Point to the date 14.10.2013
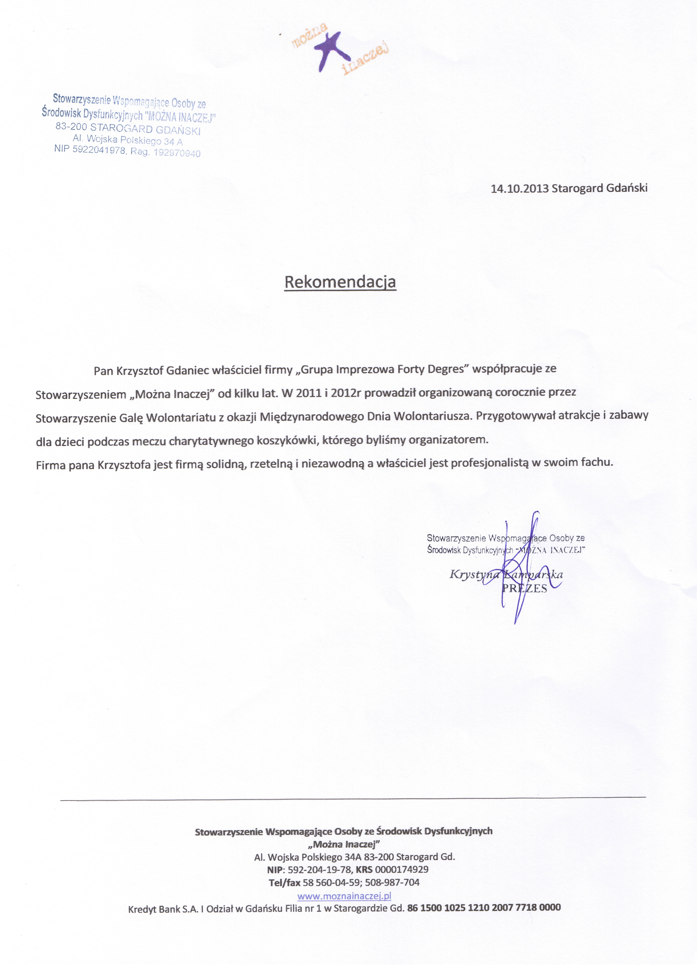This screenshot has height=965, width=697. point(519,189)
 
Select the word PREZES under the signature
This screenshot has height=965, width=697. point(525,588)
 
